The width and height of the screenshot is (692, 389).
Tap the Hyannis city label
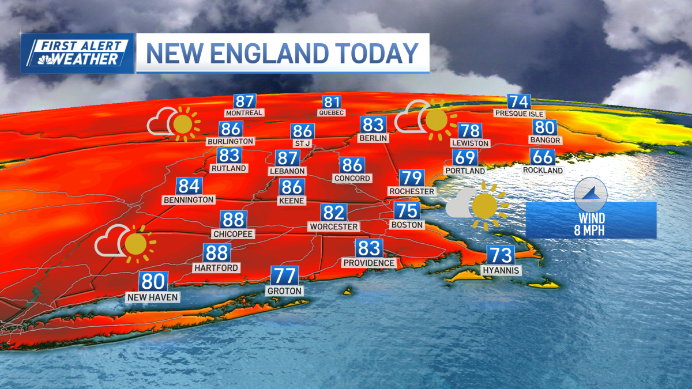click(x=501, y=270)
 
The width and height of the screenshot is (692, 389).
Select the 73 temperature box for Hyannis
click(x=501, y=255)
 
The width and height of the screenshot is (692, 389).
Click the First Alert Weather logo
click(x=78, y=53)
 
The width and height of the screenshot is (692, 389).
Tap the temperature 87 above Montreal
click(x=245, y=101)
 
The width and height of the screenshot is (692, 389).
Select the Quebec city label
click(x=331, y=113)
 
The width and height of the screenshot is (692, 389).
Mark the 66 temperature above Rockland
click(x=543, y=157)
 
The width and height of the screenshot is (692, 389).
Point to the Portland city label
click(x=465, y=171)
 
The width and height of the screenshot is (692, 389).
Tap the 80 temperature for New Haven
click(x=153, y=282)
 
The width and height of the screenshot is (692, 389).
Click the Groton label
click(x=284, y=291)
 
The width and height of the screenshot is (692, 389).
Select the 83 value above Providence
click(x=369, y=248)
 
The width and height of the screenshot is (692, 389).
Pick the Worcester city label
click(x=334, y=226)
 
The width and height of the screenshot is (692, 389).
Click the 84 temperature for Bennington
click(x=189, y=186)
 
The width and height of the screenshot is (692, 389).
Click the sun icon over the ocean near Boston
click(x=485, y=206)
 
